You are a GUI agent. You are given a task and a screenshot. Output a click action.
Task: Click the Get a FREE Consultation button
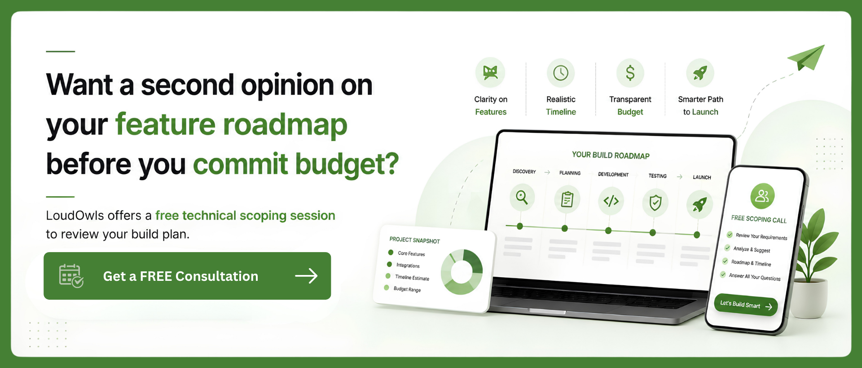click(x=187, y=276)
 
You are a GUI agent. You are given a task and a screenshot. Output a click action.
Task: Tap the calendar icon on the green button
click(x=71, y=275)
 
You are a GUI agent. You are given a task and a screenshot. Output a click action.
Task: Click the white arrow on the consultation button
click(x=306, y=276)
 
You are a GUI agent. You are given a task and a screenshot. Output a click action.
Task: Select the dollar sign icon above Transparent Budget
click(x=630, y=73)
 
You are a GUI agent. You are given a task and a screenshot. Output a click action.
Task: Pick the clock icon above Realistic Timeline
click(x=561, y=73)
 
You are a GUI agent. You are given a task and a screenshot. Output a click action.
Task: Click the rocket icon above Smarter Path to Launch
click(x=700, y=73)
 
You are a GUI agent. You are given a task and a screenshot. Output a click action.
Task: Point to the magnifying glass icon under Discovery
click(x=522, y=197)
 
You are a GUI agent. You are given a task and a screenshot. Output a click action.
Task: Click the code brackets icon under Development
click(x=611, y=201)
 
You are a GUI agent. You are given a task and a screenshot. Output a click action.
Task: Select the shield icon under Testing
click(x=655, y=203)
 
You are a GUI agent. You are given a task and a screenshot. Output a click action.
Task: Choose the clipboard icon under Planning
click(x=567, y=199)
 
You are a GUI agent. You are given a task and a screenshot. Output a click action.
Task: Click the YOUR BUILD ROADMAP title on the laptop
click(x=611, y=155)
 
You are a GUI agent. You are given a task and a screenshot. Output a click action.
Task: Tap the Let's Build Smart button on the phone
click(x=746, y=306)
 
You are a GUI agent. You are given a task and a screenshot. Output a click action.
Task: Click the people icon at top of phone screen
click(x=762, y=196)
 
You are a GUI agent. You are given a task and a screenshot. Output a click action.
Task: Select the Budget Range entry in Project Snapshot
click(x=407, y=289)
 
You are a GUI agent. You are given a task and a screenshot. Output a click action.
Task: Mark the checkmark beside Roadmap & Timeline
click(x=725, y=261)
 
